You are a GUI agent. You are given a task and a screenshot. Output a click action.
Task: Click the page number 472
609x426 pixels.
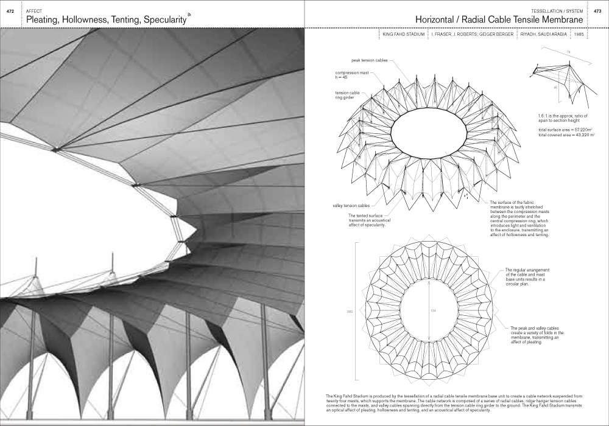(9, 12)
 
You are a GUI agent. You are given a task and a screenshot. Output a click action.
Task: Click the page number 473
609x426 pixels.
(597, 12)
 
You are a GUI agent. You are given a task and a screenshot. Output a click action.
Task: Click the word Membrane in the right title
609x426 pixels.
(557, 20)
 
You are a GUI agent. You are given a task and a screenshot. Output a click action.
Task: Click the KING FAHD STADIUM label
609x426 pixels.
(403, 35)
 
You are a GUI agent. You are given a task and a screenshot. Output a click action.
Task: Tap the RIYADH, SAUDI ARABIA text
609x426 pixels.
(544, 35)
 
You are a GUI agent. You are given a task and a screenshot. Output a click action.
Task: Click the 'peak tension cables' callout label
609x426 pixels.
(368, 61)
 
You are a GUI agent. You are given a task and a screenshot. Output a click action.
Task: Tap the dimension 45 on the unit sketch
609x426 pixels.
(555, 88)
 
